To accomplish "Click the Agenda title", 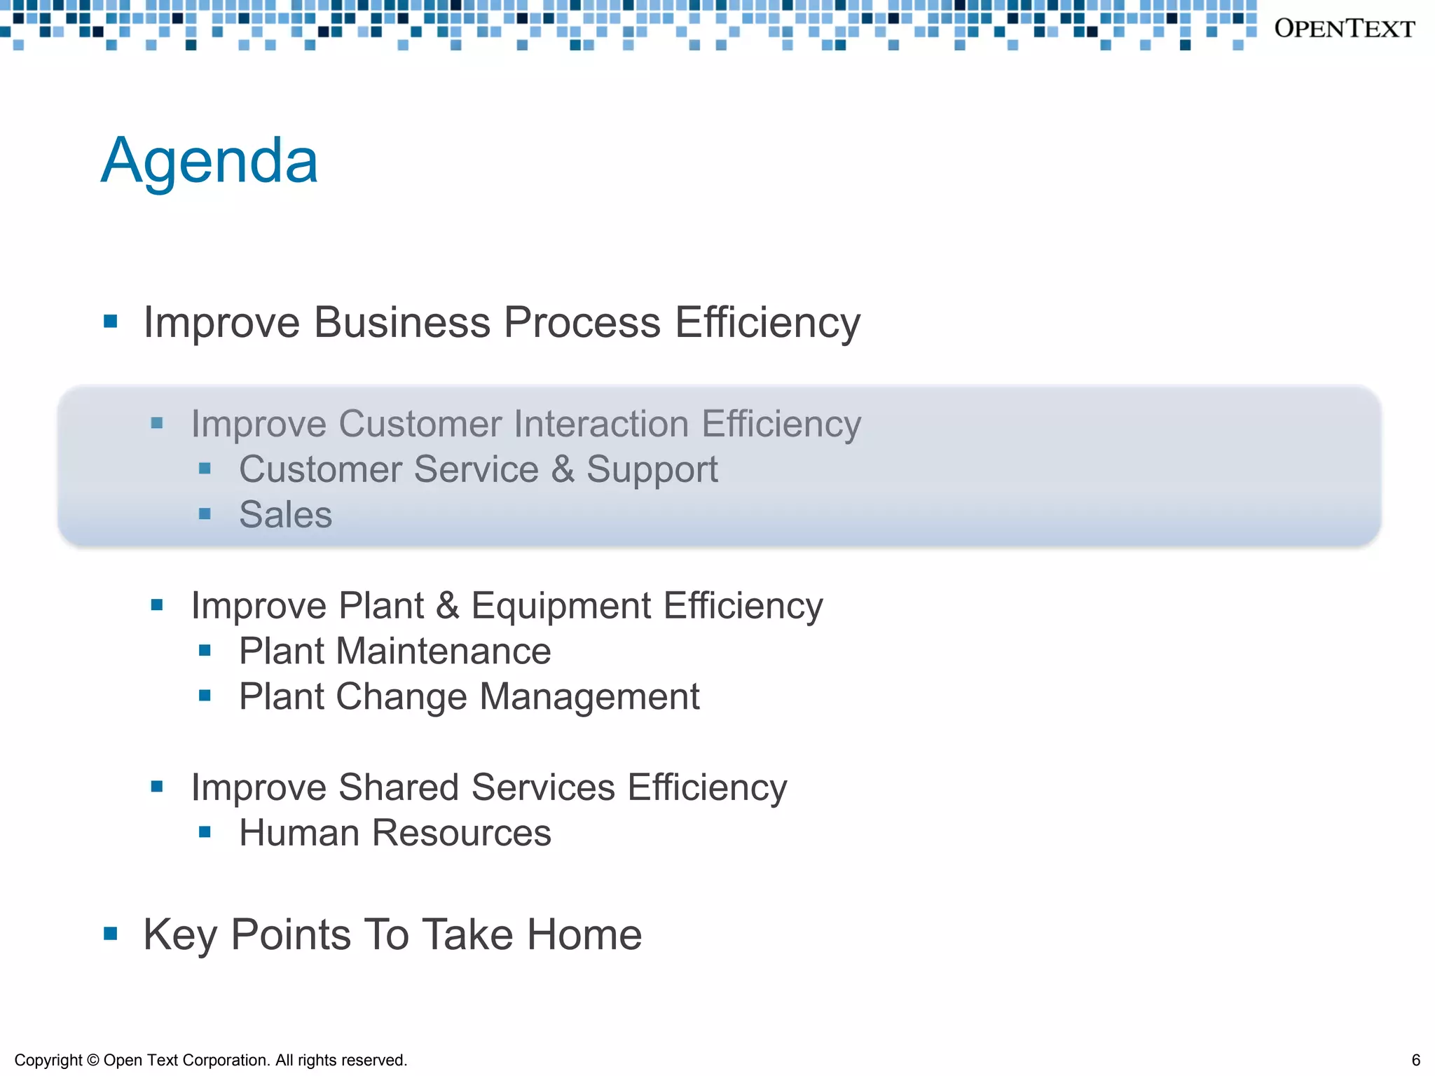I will point(209,161).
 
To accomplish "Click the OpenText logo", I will point(1344,29).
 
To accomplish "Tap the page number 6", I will point(1415,1060).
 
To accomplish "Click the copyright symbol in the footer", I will point(92,1061).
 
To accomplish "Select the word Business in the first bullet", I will point(401,323).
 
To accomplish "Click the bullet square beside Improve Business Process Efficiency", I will point(110,322).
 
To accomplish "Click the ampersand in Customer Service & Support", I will point(562,469).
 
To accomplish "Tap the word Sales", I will point(285,515).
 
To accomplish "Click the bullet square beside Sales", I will point(205,514).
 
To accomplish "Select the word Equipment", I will point(561,606).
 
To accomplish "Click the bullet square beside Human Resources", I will point(205,832).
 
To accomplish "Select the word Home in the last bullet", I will point(584,935).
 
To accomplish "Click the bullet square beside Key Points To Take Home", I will point(110,934).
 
